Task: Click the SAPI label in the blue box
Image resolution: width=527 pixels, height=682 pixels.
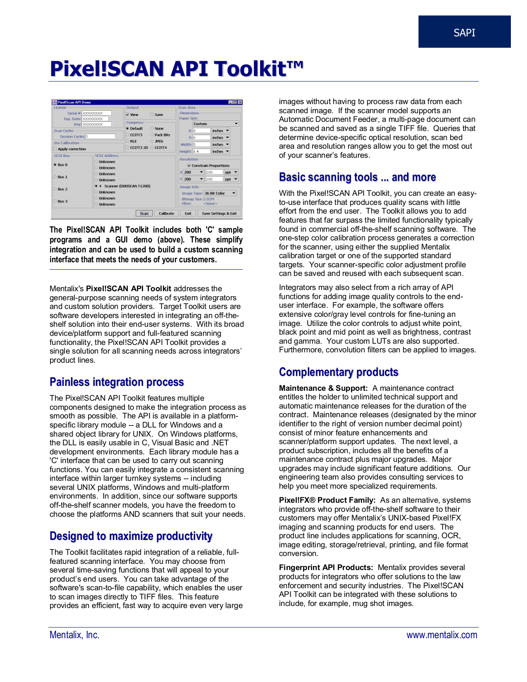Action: click(x=464, y=33)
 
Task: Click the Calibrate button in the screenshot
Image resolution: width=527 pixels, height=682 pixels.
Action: click(x=166, y=214)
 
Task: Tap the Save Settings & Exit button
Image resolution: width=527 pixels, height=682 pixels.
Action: click(x=219, y=214)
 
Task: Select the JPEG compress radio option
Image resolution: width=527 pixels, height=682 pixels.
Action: click(x=152, y=141)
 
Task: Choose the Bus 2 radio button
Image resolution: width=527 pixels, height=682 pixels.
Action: click(x=55, y=189)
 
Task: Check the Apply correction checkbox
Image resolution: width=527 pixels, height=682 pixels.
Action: click(x=55, y=149)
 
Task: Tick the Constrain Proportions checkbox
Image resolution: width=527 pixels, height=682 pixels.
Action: click(x=189, y=166)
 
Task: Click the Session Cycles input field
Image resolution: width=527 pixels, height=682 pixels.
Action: click(x=100, y=136)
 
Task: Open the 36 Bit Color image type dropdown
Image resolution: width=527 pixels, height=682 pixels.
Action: click(x=220, y=193)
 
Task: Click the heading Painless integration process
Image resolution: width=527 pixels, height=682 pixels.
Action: click(x=117, y=382)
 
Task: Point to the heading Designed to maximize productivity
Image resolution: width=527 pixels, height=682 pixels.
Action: click(x=131, y=536)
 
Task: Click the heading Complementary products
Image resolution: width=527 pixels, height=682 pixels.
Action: click(x=339, y=372)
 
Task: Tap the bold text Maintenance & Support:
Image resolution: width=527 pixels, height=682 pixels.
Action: click(x=323, y=388)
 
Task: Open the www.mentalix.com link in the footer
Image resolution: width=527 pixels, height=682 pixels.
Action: click(x=441, y=635)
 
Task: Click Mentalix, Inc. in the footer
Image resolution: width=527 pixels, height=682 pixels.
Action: click(x=74, y=635)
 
